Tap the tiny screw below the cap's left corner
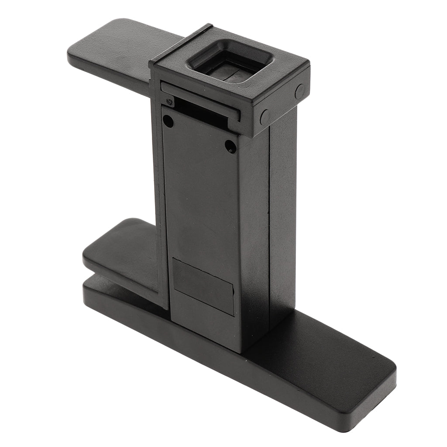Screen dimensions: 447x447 pos(169,102)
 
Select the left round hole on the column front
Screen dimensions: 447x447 pos(168,122)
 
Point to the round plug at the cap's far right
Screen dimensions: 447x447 pos(300,91)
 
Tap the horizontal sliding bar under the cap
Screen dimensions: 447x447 pos(201,99)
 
